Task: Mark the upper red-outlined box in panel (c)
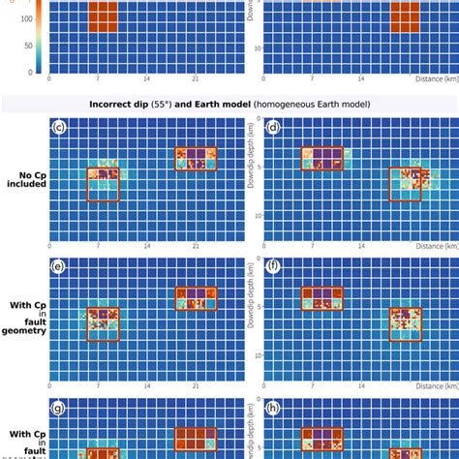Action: pyautogui.click(x=196, y=159)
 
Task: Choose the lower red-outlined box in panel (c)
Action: pyautogui.click(x=104, y=184)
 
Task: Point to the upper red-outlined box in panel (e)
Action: pyautogui.click(x=196, y=299)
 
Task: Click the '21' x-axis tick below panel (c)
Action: pyautogui.click(x=196, y=248)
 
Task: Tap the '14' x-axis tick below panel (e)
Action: pyautogui.click(x=147, y=387)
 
